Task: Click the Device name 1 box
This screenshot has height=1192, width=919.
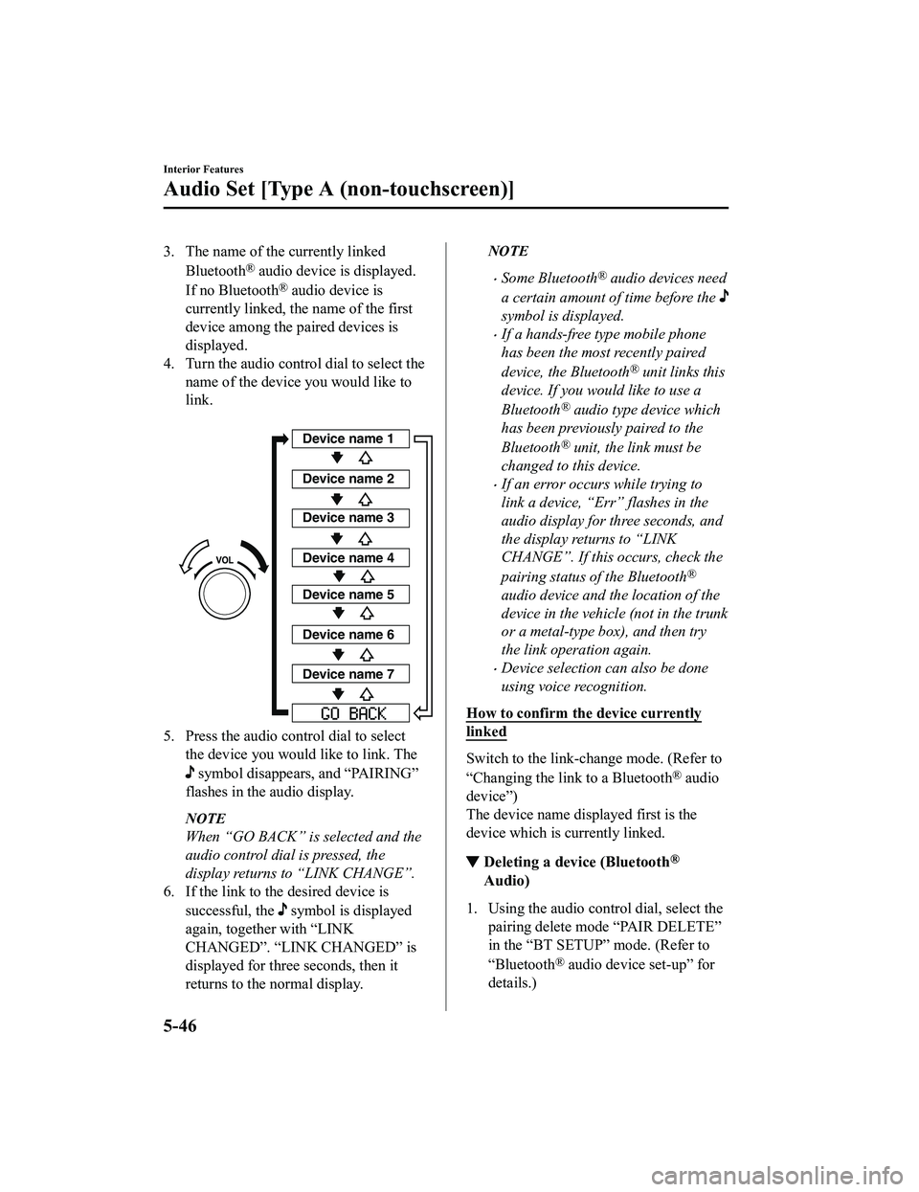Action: tap(348, 439)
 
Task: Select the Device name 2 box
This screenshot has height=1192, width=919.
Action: tap(348, 478)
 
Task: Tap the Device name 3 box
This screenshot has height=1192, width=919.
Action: tap(348, 518)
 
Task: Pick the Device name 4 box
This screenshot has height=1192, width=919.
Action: tap(348, 557)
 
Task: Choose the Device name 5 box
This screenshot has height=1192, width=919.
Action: tap(348, 595)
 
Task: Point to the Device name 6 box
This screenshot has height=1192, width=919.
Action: tap(348, 635)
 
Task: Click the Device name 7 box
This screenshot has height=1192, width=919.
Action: tap(348, 674)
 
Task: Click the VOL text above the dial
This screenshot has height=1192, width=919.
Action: tap(225, 558)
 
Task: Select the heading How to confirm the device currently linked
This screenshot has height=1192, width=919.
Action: tap(583, 722)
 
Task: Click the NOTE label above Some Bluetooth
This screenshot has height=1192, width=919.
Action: tap(507, 251)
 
